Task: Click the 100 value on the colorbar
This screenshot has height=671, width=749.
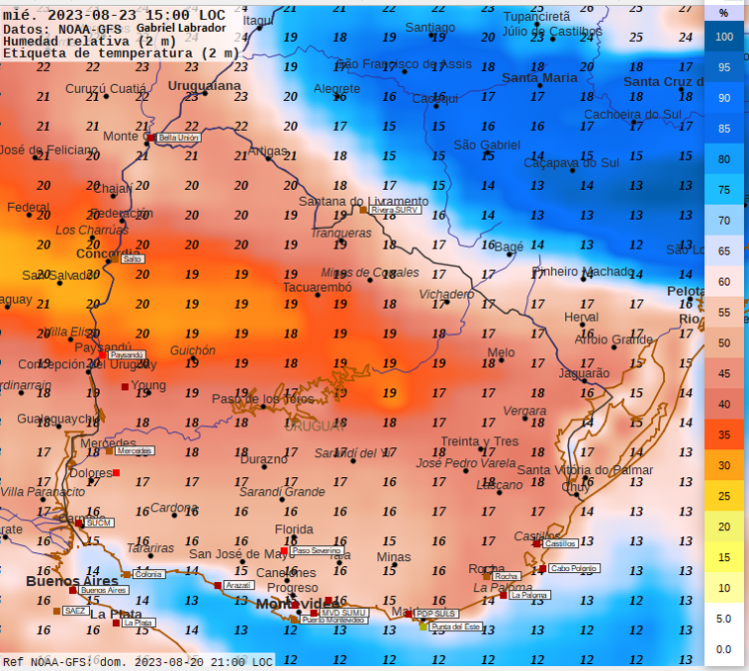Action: [725, 36]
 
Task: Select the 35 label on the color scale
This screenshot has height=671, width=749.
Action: [725, 434]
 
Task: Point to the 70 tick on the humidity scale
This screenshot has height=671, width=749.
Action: [725, 220]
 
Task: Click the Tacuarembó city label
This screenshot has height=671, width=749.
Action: [318, 288]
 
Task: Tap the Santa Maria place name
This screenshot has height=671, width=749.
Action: [539, 78]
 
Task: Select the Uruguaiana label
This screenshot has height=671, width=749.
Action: [205, 86]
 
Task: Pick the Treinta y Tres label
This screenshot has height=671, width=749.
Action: [479, 441]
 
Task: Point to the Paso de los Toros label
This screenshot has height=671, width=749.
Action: [264, 399]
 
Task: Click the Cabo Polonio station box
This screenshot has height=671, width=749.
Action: [574, 568]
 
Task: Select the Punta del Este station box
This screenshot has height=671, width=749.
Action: [455, 626]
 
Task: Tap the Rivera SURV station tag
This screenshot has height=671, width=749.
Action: [395, 211]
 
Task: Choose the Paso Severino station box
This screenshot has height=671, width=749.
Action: [318, 550]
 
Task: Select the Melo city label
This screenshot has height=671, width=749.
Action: [500, 352]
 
